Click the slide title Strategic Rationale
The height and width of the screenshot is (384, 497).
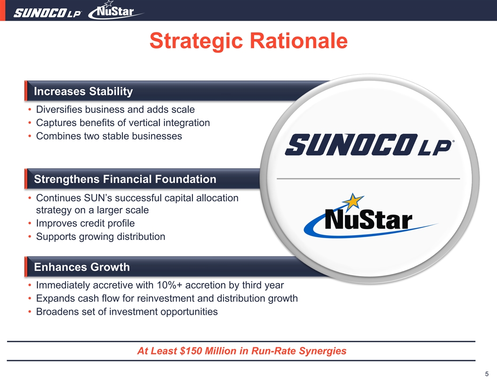pyautogui.click(x=248, y=41)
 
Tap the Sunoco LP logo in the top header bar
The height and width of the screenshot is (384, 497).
pyautogui.click(x=47, y=13)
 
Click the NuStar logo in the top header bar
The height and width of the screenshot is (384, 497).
pyautogui.click(x=115, y=11)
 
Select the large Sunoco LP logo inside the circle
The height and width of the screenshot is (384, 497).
pyautogui.click(x=369, y=145)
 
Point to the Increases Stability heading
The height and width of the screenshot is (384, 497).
pyautogui.click(x=83, y=91)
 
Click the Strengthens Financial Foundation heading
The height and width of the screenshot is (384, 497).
pyautogui.click(x=125, y=179)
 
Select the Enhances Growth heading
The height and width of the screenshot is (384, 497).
pyautogui.click(x=82, y=267)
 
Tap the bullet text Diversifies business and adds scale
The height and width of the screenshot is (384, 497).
pyautogui.click(x=115, y=109)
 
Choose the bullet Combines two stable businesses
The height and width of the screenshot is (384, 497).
pyautogui.click(x=109, y=136)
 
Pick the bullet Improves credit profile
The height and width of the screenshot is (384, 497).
pyautogui.click(x=85, y=223)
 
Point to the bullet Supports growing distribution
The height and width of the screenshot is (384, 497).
pyautogui.click(x=100, y=237)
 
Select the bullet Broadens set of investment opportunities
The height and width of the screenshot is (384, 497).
pyautogui.click(x=127, y=312)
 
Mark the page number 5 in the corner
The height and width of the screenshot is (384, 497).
pyautogui.click(x=487, y=374)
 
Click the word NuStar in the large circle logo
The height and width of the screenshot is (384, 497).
pyautogui.click(x=369, y=220)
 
